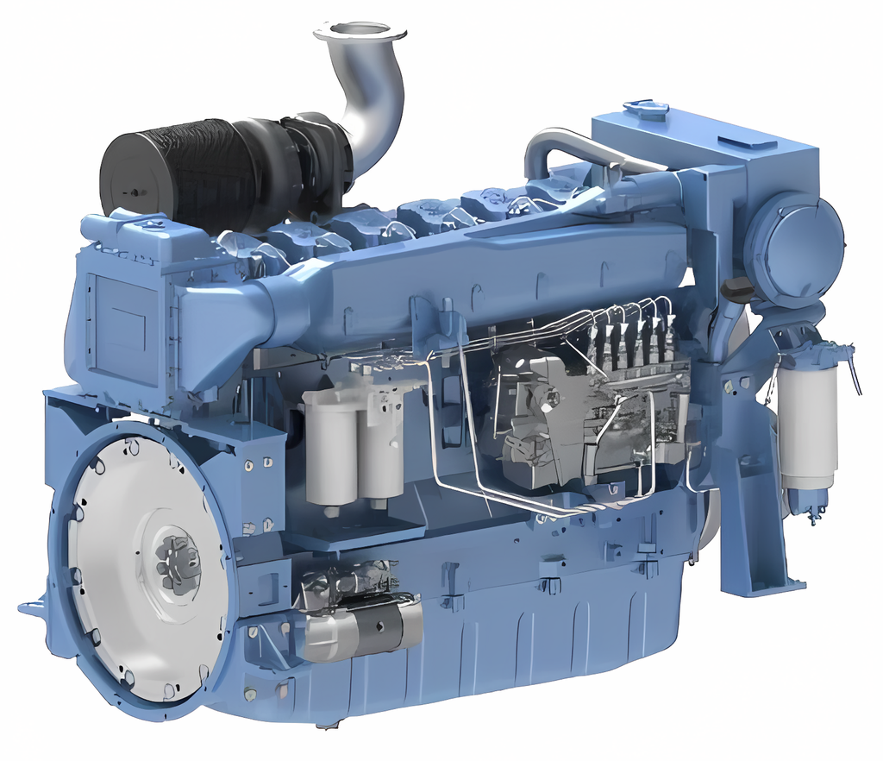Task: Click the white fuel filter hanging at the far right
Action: pos(807,423)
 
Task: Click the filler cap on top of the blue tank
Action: pos(645,110)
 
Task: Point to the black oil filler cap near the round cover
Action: pos(738,286)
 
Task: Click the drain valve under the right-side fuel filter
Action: pos(811,515)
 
